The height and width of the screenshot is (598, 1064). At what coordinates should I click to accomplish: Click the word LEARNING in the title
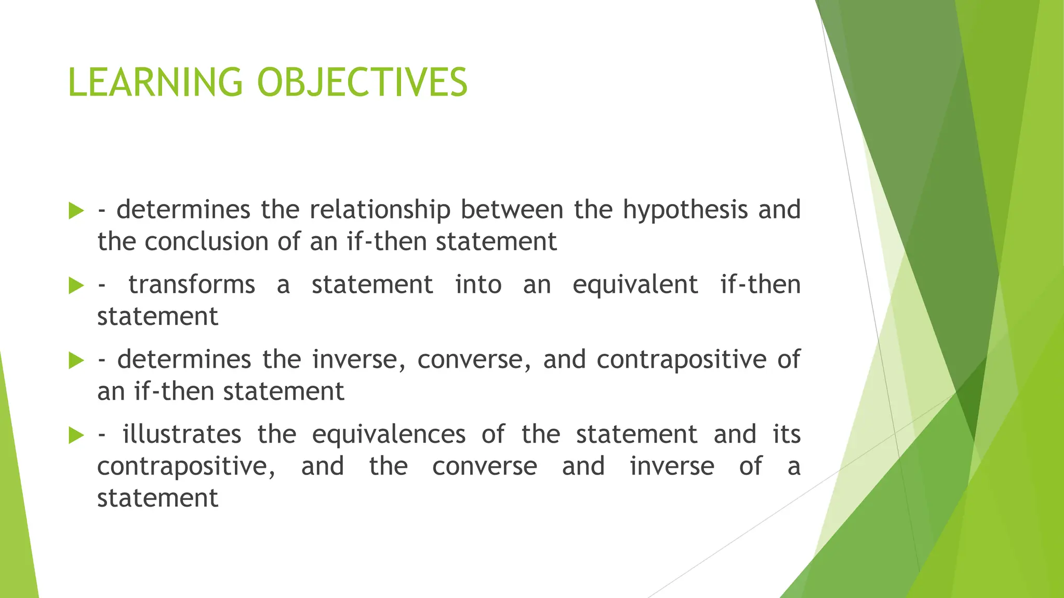155,83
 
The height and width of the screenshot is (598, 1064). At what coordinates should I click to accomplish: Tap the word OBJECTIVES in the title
362,83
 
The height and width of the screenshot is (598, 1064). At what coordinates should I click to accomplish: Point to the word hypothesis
686,210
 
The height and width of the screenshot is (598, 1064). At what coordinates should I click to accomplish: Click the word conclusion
206,242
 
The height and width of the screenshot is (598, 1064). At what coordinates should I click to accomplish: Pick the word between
512,210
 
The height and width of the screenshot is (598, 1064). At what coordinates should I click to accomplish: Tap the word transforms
192,285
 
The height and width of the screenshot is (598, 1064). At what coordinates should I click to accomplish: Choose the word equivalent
635,285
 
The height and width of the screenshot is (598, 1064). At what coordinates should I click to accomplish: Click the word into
478,285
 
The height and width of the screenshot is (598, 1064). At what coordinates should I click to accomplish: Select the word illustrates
182,434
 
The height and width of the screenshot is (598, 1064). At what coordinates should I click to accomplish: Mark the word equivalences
389,434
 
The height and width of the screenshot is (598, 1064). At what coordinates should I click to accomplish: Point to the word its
787,434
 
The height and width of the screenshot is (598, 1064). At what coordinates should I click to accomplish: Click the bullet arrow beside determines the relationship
76,211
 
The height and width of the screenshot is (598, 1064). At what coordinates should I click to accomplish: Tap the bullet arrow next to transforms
76,286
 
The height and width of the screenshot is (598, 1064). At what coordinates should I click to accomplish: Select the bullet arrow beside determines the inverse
76,360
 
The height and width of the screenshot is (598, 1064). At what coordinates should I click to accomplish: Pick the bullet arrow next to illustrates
76,435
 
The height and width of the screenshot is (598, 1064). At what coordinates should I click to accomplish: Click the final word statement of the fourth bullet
157,498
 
